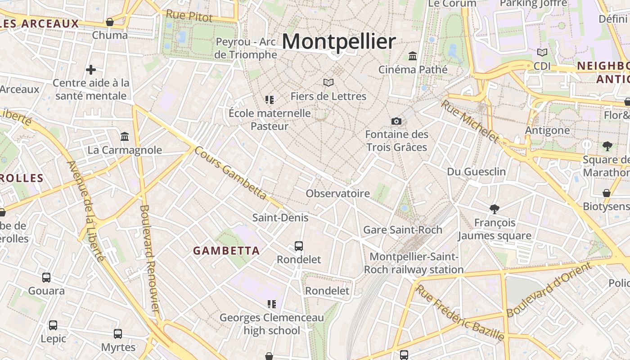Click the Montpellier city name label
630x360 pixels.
339,42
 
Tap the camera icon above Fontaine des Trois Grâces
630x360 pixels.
396,121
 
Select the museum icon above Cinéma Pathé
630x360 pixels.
413,56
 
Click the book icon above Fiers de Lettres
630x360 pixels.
328,83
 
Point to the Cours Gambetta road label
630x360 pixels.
231,173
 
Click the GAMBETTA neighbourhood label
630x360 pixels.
226,251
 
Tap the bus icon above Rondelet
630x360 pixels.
299,246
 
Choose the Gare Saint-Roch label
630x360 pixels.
402,229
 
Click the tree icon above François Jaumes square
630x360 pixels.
495,209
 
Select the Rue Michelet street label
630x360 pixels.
469,121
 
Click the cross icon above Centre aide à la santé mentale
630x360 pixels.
91,70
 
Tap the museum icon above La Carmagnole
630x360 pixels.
125,136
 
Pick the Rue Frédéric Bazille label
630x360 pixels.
459,312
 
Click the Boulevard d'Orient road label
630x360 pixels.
549,289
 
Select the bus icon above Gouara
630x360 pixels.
46,278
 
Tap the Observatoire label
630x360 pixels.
337,193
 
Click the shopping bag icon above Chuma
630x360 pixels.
110,22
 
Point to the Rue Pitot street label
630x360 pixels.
189,16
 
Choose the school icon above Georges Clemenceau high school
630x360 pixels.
271,304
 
